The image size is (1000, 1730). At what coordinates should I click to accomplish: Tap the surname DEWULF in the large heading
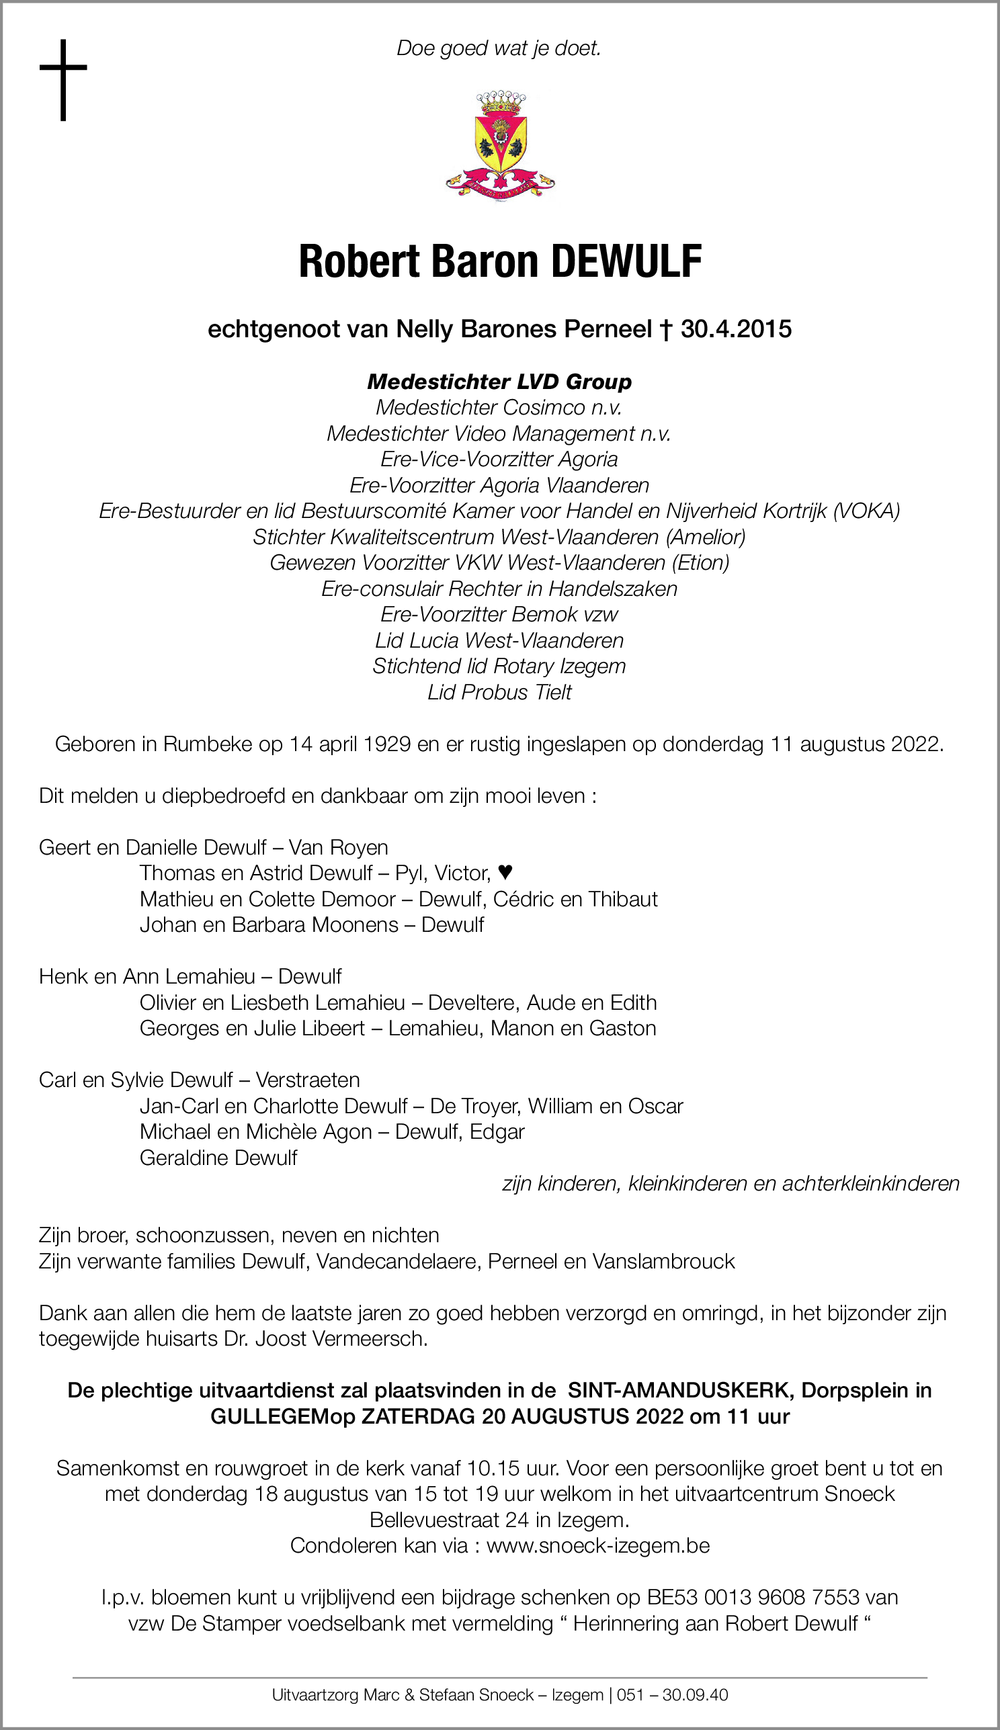626,261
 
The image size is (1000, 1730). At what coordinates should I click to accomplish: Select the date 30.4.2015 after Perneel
736,329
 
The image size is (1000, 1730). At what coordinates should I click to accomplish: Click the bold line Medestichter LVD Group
499,382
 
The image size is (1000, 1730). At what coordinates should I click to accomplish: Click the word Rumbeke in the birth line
208,744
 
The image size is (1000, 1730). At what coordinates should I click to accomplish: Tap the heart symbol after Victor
505,873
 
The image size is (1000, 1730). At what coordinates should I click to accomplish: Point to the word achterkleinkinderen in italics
870,1184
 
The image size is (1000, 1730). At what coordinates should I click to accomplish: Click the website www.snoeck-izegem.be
597,1545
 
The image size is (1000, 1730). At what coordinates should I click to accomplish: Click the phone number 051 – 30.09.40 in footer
673,1695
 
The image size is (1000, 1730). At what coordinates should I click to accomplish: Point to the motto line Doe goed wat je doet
499,48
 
